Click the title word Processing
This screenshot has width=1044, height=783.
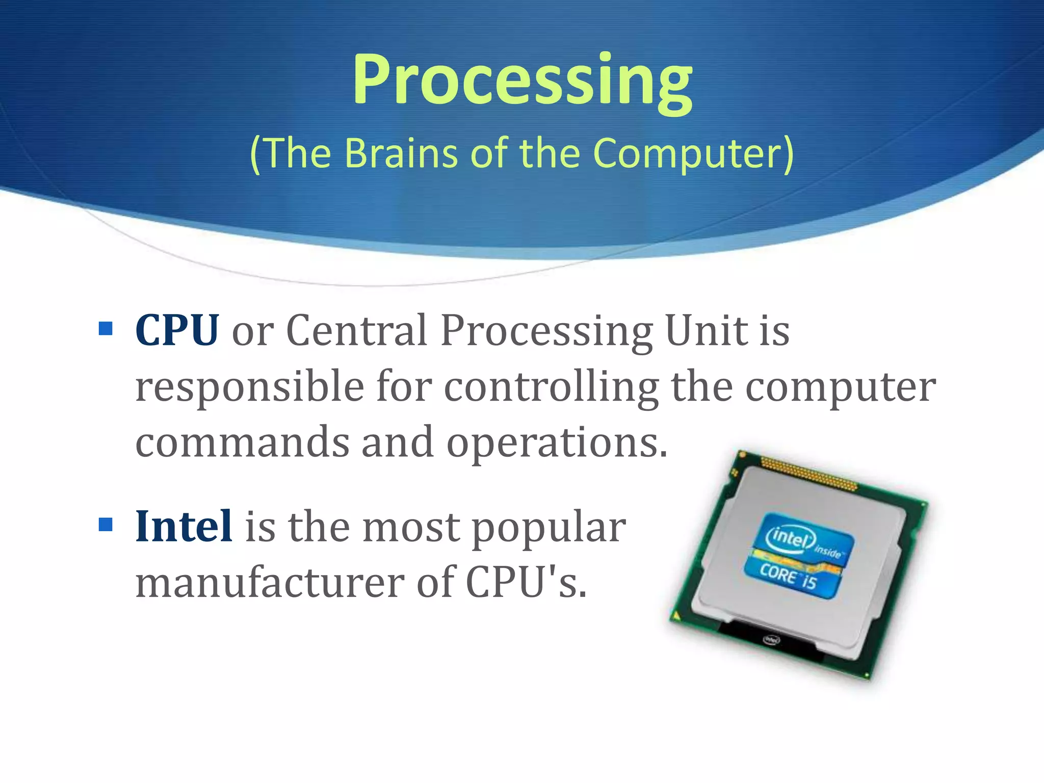click(522, 82)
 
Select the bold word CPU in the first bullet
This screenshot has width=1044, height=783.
click(177, 331)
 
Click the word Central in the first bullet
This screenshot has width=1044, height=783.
click(356, 331)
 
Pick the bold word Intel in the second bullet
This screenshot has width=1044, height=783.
click(184, 526)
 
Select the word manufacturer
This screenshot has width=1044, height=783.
click(270, 583)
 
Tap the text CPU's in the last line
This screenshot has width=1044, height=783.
click(526, 583)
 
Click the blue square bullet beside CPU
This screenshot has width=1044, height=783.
click(106, 329)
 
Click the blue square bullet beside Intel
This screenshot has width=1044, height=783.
click(106, 525)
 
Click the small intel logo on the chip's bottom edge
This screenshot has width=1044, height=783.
click(771, 640)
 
